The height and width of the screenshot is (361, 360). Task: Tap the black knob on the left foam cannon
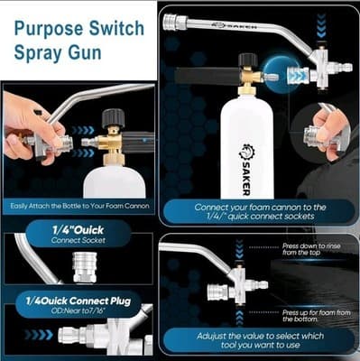[x=115, y=118]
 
